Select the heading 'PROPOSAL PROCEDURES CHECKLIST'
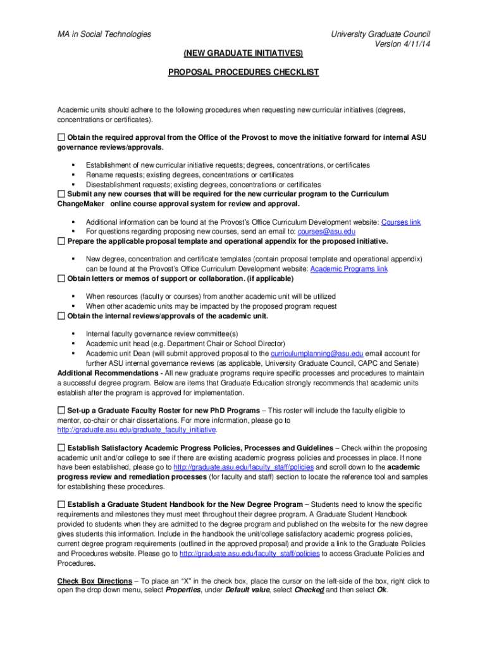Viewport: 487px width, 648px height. pos(244,72)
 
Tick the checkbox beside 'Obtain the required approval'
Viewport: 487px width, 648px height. pos(61,137)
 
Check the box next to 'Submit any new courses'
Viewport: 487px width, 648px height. pos(61,194)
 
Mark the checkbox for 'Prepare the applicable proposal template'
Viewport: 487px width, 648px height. pos(61,241)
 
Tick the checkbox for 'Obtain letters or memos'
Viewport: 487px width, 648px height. pos(61,278)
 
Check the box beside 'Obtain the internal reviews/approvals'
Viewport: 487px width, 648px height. pos(61,316)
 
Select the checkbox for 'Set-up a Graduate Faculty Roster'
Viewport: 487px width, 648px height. pos(61,411)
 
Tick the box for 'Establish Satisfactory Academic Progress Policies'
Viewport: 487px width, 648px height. pos(61,448)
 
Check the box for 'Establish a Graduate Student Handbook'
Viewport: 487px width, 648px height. pos(61,504)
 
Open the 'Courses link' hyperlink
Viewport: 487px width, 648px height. pos(401,222)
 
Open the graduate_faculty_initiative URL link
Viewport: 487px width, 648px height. pos(137,430)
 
